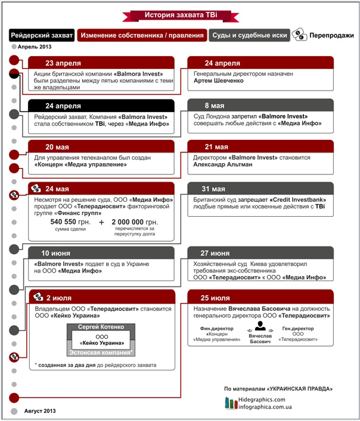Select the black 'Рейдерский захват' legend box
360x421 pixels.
(x=42, y=36)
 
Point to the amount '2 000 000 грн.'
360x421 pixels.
(x=136, y=222)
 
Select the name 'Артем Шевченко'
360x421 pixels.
(x=219, y=80)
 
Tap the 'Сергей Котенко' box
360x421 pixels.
(x=102, y=327)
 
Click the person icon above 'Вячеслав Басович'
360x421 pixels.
(x=259, y=326)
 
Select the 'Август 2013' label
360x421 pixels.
(x=40, y=411)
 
